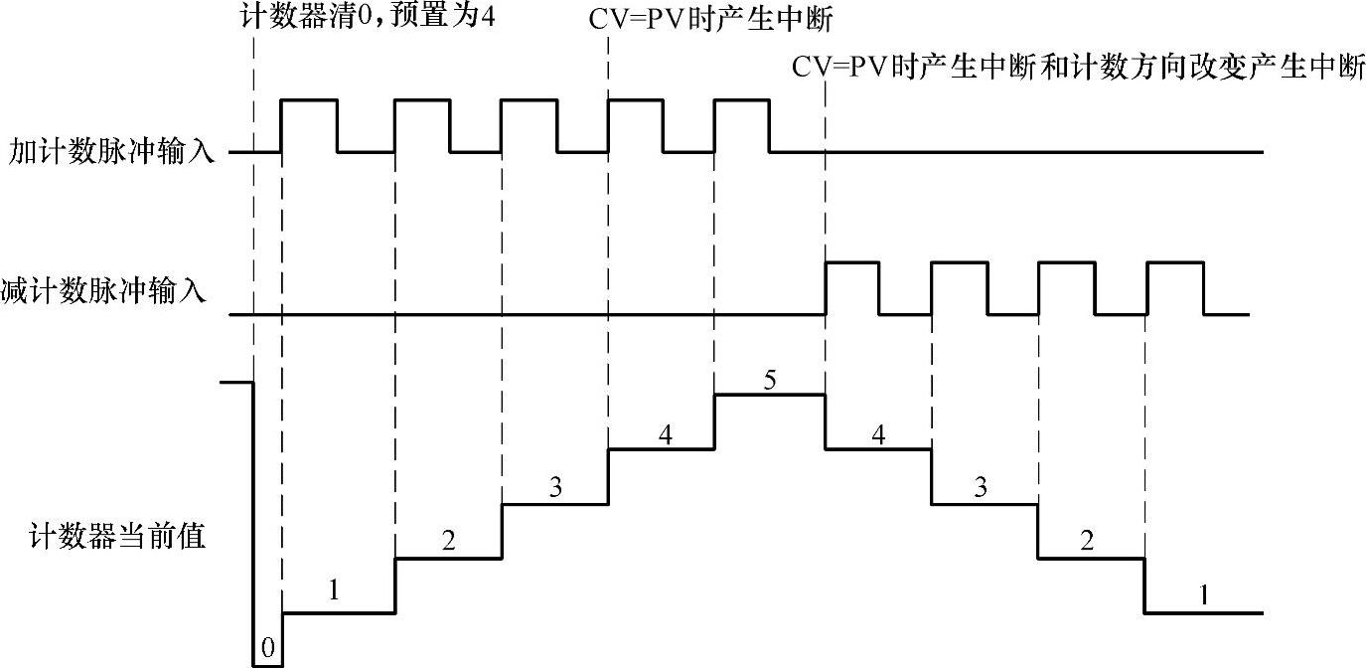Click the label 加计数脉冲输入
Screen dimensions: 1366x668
(111, 154)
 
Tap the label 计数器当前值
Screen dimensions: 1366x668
(117, 538)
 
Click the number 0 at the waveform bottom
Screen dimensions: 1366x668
(268, 649)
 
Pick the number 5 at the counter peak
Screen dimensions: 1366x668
(769, 379)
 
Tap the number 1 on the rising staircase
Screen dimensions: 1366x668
(335, 590)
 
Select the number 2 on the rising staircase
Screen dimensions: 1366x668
(448, 541)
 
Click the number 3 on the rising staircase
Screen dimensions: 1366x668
(555, 487)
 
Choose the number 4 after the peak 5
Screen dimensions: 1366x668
(878, 433)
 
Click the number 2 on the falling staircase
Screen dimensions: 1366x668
(1088, 541)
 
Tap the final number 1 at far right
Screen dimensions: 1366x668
(1204, 595)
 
